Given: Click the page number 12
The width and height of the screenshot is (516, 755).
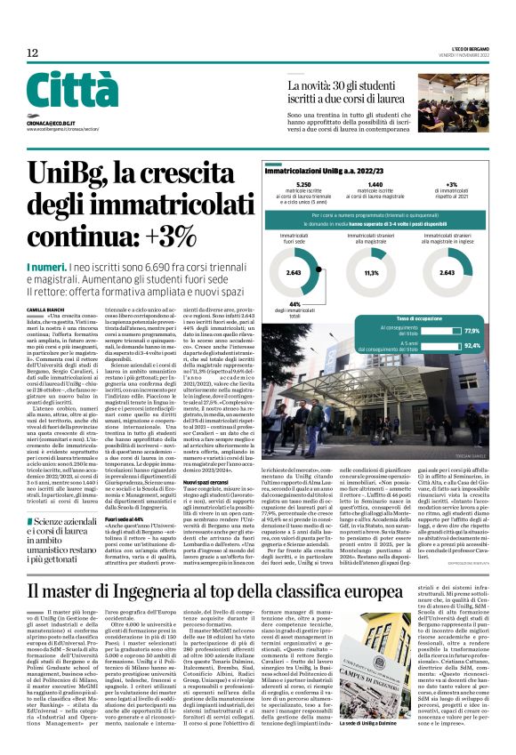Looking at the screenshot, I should (32, 53).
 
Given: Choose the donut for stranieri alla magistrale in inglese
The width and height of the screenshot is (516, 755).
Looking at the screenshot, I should (447, 273).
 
